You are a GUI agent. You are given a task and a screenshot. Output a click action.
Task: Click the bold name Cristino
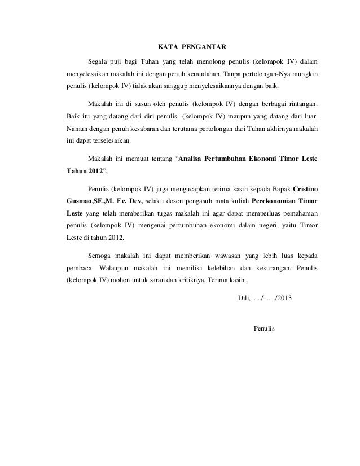(305, 188)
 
